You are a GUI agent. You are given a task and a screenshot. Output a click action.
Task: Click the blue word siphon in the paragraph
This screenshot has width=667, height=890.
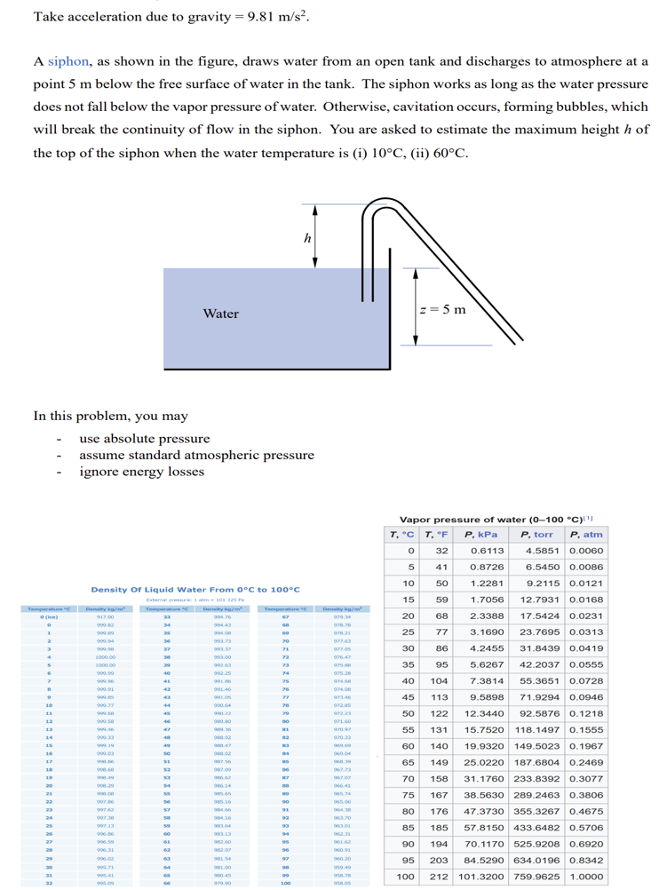(x=68, y=61)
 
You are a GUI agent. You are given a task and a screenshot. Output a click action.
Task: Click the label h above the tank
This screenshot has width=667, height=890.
(x=307, y=238)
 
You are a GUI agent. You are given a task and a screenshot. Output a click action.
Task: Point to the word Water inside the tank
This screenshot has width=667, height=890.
(x=220, y=314)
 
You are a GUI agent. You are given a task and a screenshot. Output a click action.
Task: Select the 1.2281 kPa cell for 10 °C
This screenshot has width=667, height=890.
(x=487, y=583)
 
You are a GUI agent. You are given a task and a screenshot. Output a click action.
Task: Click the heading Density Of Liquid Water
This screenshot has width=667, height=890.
(x=195, y=589)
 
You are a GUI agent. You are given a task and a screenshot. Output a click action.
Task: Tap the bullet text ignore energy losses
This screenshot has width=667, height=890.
(x=142, y=472)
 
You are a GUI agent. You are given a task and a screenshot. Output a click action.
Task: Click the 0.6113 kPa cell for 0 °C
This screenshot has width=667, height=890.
(x=487, y=550)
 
